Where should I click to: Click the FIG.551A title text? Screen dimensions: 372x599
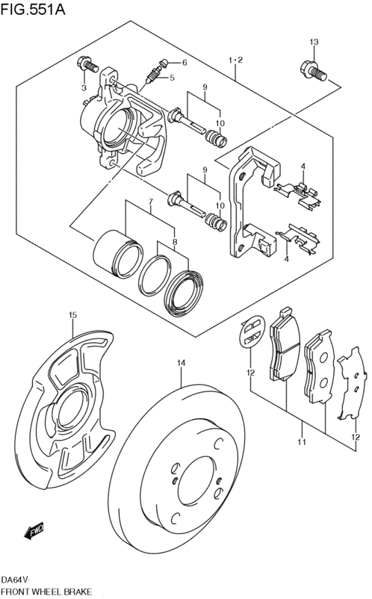pos(33,8)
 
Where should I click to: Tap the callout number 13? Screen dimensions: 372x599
pos(314,42)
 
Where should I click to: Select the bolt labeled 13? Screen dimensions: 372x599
pos(313,71)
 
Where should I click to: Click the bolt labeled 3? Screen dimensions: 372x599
pos(87,64)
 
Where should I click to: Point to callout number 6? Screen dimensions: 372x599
pos(185,63)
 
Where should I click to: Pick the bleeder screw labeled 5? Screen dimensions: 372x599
pos(154,74)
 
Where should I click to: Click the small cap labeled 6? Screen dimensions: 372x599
pos(164,63)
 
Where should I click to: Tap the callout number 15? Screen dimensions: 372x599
pos(72,315)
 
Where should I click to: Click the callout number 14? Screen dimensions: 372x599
pos(181,363)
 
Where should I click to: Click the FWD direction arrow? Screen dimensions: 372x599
pos(34,530)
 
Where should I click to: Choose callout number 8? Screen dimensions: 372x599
pos(175,242)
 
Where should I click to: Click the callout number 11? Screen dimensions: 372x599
pos(302,442)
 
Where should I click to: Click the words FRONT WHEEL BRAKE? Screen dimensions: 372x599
pos(46,592)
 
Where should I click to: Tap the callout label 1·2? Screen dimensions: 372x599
pos(235,60)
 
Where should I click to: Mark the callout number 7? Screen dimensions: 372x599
pos(150,201)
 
